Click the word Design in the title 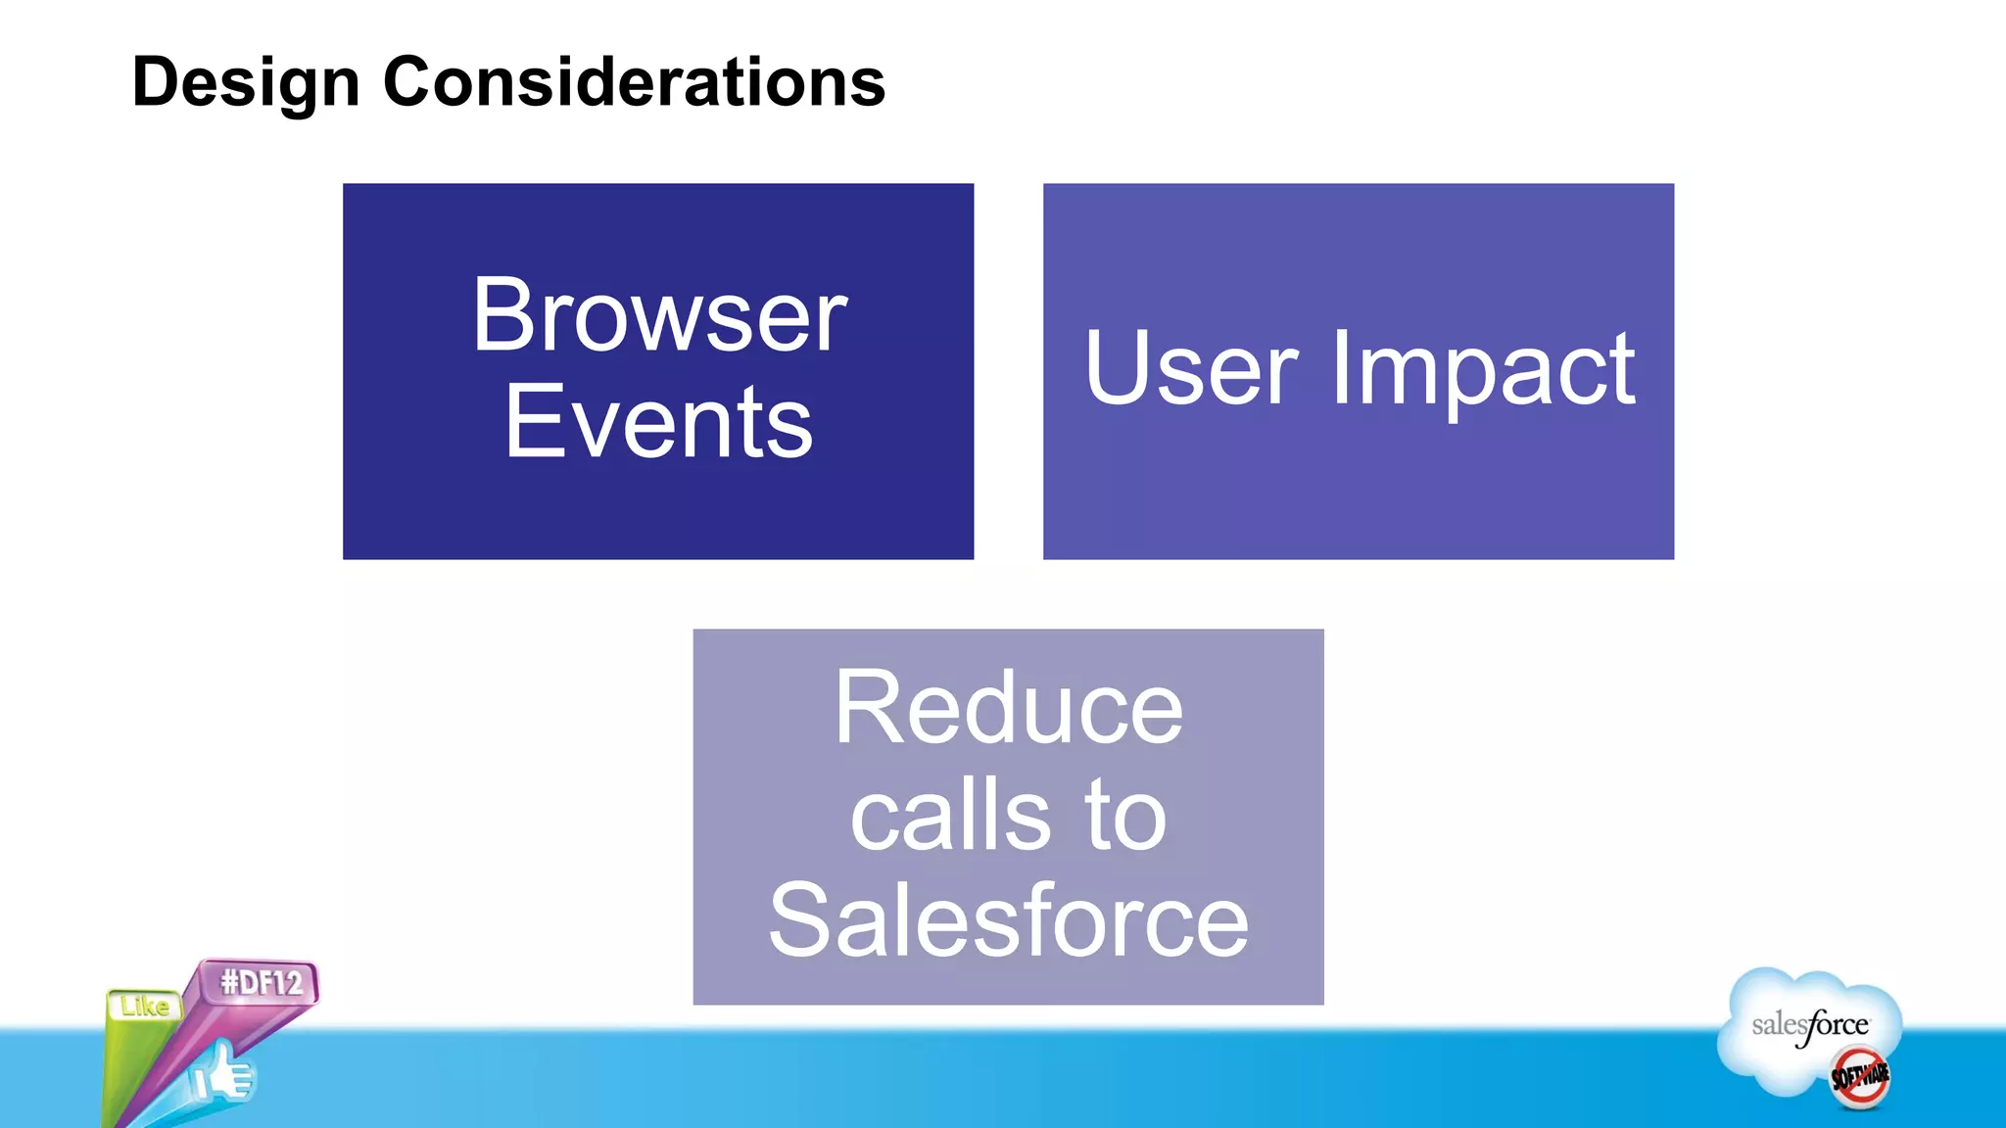click(x=246, y=82)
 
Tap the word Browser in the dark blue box click(x=658, y=315)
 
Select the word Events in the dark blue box click(x=658, y=422)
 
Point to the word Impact click(x=1483, y=370)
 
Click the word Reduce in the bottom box click(x=1008, y=708)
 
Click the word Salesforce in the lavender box click(x=1008, y=920)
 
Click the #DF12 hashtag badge click(x=261, y=982)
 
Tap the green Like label click(x=145, y=1006)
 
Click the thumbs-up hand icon click(x=223, y=1075)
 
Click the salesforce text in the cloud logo click(x=1809, y=1025)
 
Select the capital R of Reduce click(x=867, y=708)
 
